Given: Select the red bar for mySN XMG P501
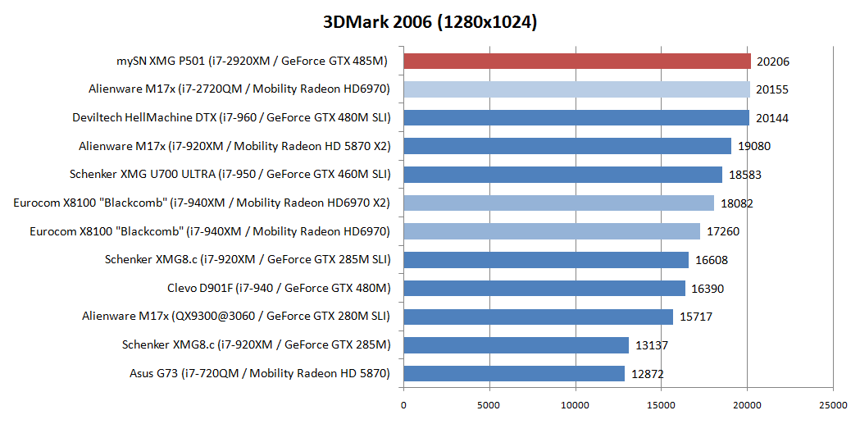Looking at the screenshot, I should click(x=577, y=61).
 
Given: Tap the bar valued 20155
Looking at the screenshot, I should click(x=576, y=89).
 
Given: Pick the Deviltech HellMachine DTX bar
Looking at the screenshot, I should click(x=576, y=118).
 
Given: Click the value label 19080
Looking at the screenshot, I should click(x=754, y=147).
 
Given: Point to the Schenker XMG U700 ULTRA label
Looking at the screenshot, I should click(x=230, y=175).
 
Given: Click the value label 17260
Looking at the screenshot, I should click(x=723, y=232).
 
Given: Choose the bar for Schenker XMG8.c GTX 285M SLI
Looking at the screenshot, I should click(x=546, y=260).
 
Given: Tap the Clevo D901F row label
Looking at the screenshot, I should click(x=279, y=289).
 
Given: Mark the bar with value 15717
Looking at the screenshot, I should click(x=539, y=317).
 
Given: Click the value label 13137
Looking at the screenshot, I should click(x=652, y=345).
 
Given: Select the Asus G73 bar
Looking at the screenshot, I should click(x=514, y=374).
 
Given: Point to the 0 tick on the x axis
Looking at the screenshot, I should click(x=403, y=405).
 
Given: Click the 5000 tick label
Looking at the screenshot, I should click(x=489, y=405).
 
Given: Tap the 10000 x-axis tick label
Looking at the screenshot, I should click(x=576, y=405).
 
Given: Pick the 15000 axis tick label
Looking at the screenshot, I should click(x=662, y=405).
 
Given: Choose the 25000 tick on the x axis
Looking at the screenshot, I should click(x=833, y=405).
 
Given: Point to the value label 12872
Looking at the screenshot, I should click(x=648, y=374).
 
